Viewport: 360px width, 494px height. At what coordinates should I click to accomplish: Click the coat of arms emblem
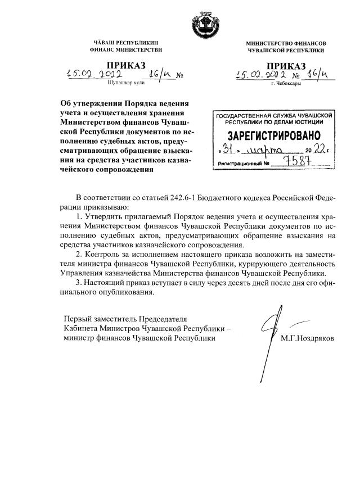pyautogui.click(x=193, y=22)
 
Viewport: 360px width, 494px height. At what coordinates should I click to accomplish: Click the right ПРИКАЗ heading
pyautogui.click(x=286, y=66)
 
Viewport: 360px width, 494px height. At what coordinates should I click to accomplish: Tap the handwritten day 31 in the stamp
pyautogui.click(x=228, y=150)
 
